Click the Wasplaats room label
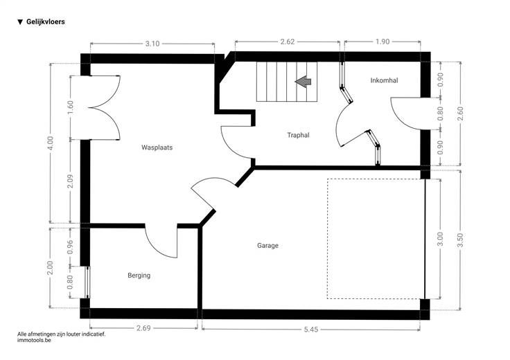click(x=157, y=147)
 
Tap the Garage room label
click(x=267, y=246)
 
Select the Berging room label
click(x=139, y=276)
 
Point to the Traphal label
click(x=298, y=135)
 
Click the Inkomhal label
click(x=384, y=80)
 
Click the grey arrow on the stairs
click(x=303, y=82)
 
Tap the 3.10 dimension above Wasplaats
click(x=152, y=44)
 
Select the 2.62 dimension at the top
click(x=287, y=42)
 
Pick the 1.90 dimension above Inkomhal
click(x=382, y=42)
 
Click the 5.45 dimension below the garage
click(x=311, y=330)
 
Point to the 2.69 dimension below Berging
click(x=143, y=328)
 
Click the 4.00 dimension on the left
click(x=50, y=143)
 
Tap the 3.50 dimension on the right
click(x=460, y=240)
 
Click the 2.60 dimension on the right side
click(x=460, y=114)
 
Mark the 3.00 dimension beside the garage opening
click(x=440, y=239)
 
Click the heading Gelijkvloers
click(x=46, y=21)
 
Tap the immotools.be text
click(x=34, y=340)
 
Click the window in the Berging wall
click(x=87, y=282)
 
